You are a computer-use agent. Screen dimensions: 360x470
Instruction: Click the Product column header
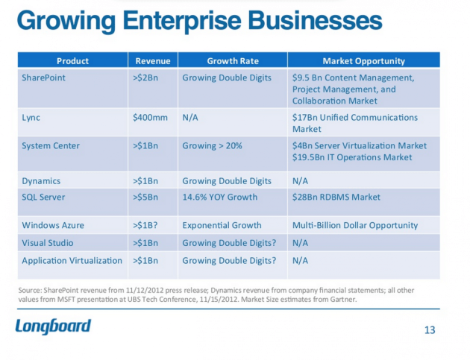[x=72, y=60]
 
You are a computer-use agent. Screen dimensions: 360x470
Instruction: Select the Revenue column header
[x=152, y=60]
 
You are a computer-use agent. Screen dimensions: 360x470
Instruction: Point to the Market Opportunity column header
[x=364, y=60]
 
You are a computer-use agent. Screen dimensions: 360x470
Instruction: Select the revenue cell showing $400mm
[x=149, y=117]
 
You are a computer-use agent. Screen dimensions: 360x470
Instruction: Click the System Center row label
[x=51, y=145]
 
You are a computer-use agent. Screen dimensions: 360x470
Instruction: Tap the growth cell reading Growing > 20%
[x=212, y=145]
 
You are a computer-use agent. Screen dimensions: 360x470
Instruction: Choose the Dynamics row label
[x=41, y=180]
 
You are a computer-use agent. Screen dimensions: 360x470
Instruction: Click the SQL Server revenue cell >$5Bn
[x=146, y=197]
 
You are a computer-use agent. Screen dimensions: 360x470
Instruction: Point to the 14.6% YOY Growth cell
[x=219, y=197]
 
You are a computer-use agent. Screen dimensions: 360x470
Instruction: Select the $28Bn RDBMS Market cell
[x=336, y=197]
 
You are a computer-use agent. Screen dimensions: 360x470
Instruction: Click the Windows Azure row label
[x=53, y=225]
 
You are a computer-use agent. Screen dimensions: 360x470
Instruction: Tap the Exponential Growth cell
[x=222, y=225]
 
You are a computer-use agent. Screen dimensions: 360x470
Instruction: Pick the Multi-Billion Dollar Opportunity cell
[x=355, y=225]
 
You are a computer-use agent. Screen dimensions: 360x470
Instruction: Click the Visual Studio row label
[x=48, y=242]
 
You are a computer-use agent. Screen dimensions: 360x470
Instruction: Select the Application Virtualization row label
[x=72, y=260]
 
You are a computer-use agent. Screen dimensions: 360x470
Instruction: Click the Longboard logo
[x=53, y=326]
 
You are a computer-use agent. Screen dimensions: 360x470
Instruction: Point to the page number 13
[x=429, y=329]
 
